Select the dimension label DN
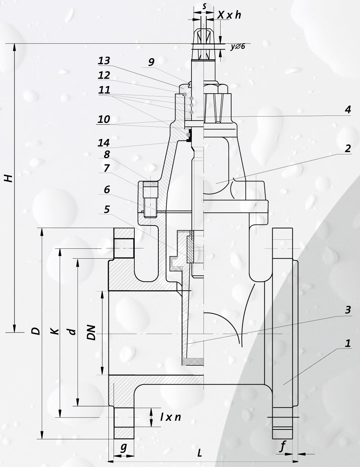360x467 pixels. click(92, 332)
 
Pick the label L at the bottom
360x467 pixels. click(200, 453)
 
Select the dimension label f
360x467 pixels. click(282, 447)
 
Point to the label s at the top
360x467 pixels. click(204, 6)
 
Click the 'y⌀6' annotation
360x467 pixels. click(238, 46)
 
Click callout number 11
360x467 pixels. click(104, 90)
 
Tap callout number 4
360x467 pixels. click(348, 109)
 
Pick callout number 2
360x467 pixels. click(348, 148)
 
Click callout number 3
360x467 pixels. click(348, 310)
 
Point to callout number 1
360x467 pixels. click(348, 343)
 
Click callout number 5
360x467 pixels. click(107, 209)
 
